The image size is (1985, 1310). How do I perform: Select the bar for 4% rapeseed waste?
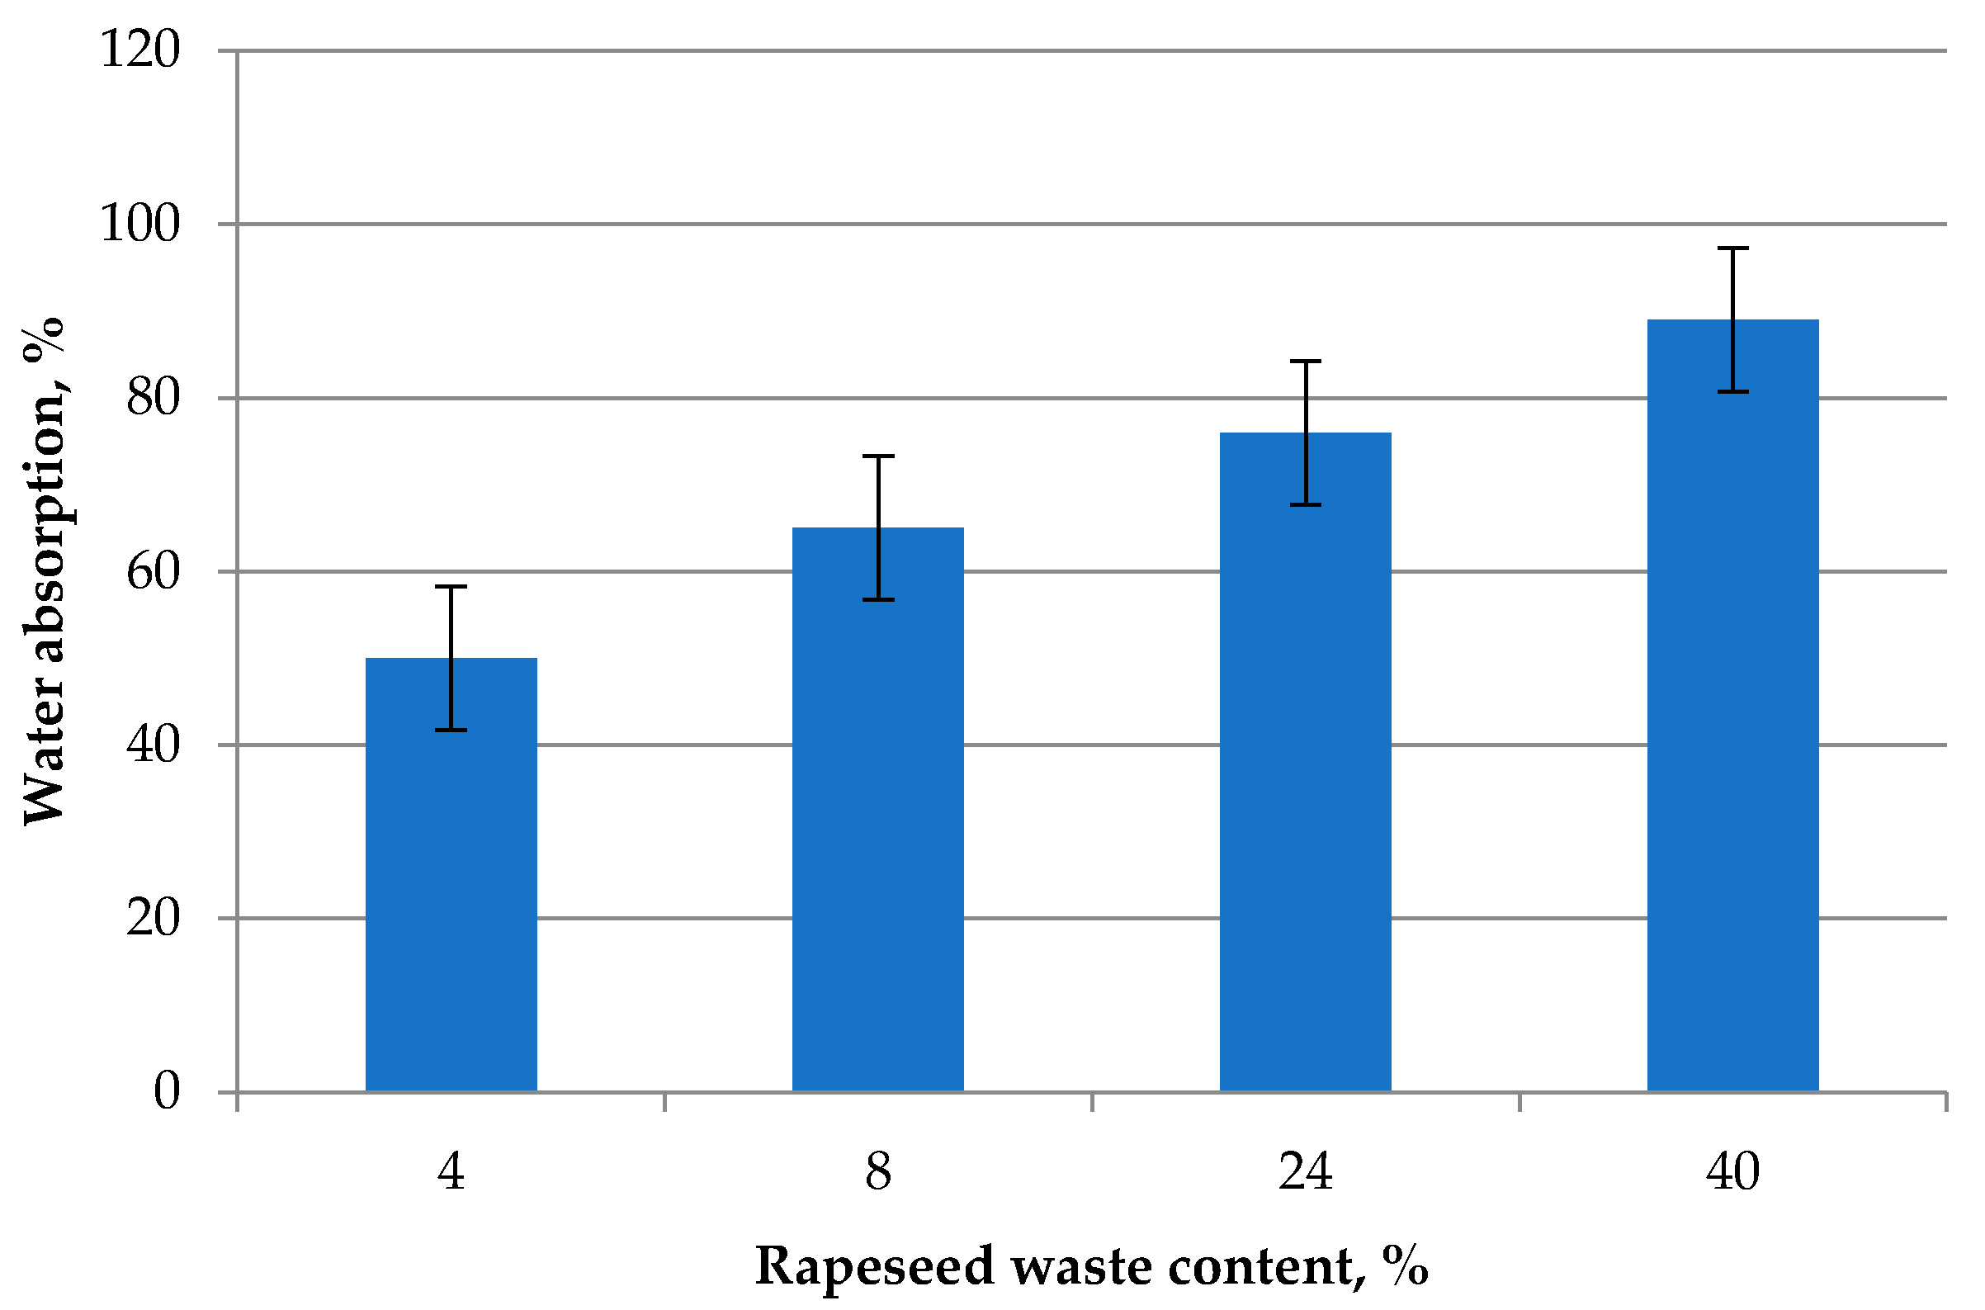(x=451, y=877)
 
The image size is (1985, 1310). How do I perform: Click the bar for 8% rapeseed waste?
(x=878, y=811)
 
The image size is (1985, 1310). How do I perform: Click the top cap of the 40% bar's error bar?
(x=1732, y=248)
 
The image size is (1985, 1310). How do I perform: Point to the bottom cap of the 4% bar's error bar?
(x=451, y=731)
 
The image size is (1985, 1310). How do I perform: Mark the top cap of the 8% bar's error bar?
(x=878, y=456)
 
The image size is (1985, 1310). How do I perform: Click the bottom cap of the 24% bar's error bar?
(x=1306, y=504)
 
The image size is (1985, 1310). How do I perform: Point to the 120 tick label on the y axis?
(x=139, y=50)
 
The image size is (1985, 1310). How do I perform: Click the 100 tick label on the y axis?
(x=139, y=224)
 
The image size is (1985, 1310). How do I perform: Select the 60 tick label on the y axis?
(x=153, y=572)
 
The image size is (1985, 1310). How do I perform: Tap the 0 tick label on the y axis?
(x=166, y=1092)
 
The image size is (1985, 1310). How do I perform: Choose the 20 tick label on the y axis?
(x=153, y=919)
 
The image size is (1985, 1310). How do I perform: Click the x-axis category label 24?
(x=1305, y=1171)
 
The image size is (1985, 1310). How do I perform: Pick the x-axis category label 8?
(x=878, y=1171)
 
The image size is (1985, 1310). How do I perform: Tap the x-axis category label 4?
(x=451, y=1171)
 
